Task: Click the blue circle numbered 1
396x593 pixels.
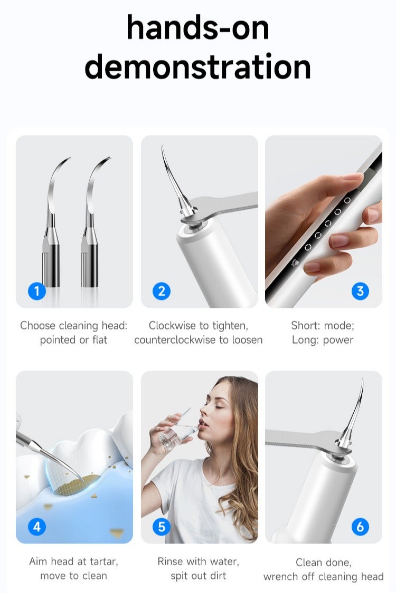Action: [36, 290]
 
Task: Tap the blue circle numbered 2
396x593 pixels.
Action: [162, 290]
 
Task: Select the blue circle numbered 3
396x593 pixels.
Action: [360, 290]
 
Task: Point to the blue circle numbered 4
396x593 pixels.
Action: [36, 526]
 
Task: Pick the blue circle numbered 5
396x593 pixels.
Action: [162, 526]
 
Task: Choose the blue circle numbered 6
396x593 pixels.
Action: [360, 526]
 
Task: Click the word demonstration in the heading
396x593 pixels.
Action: [197, 67]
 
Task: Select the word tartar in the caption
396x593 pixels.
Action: [102, 561]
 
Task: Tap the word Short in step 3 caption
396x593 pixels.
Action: [304, 326]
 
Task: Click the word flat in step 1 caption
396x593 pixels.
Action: [100, 340]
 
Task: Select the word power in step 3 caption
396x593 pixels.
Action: [338, 340]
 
